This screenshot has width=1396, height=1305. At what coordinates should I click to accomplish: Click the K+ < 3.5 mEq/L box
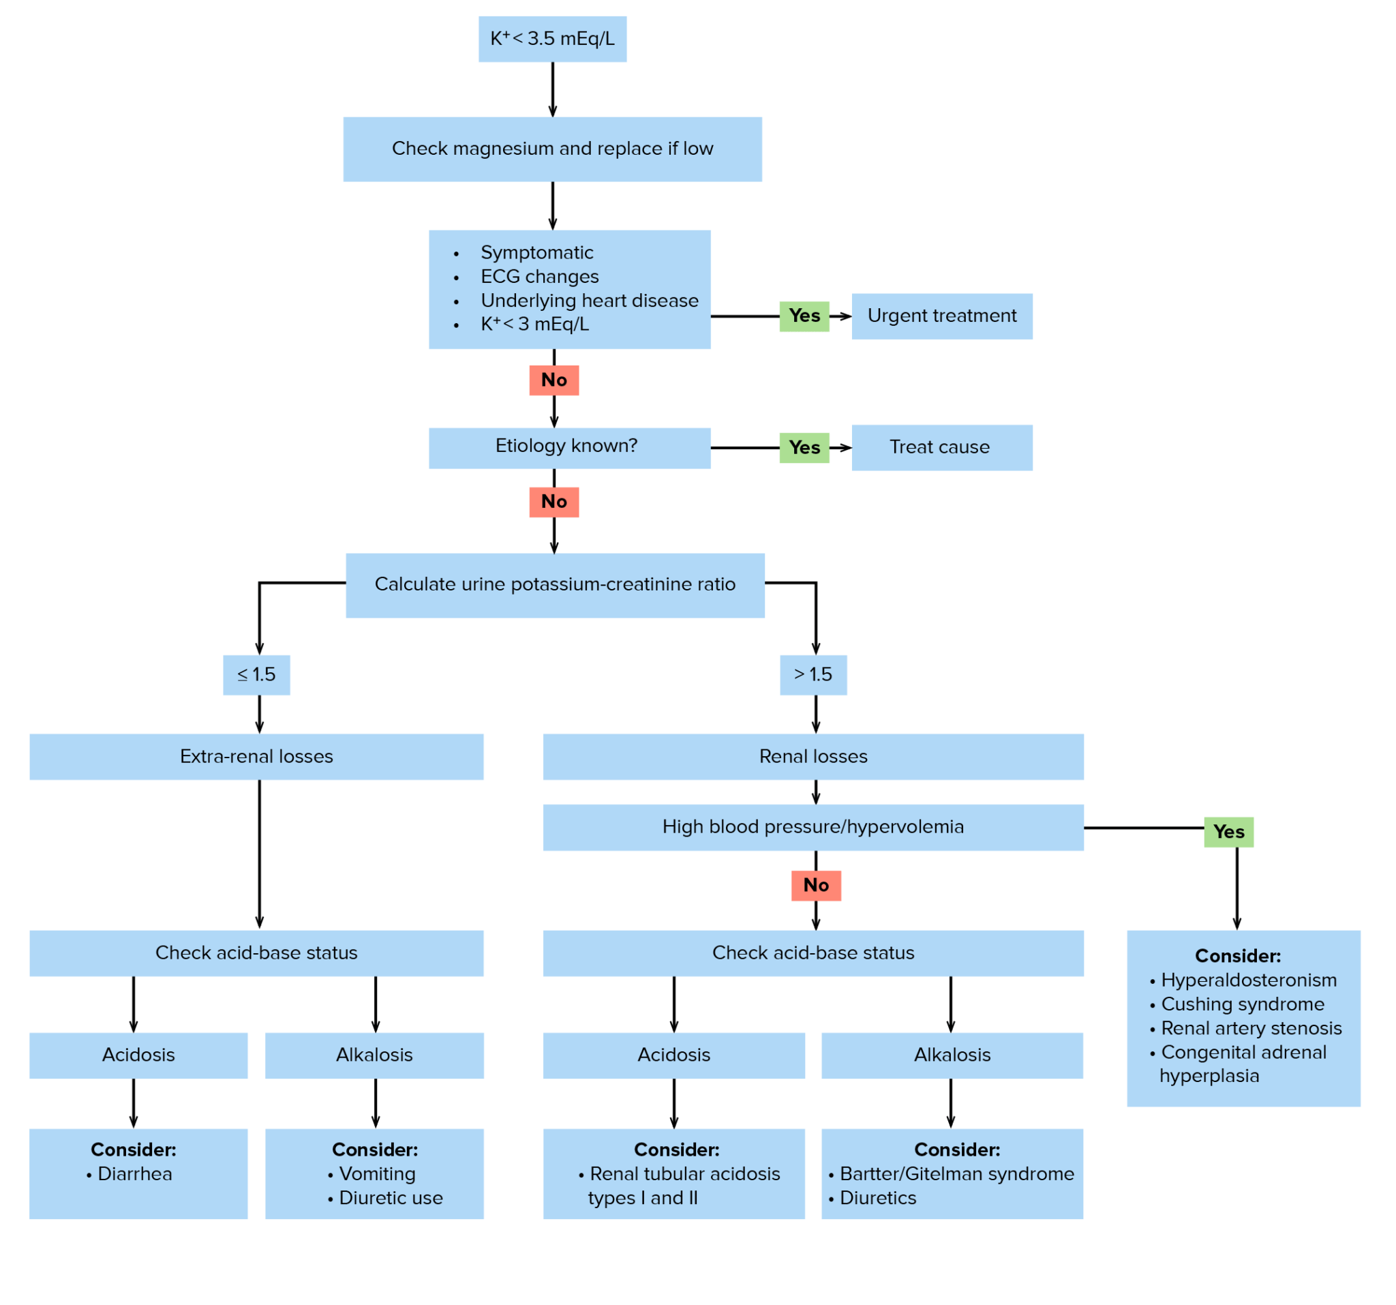(552, 39)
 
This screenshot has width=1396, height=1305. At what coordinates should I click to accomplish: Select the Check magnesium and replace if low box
(552, 149)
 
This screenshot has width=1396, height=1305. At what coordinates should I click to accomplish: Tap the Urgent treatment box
(941, 316)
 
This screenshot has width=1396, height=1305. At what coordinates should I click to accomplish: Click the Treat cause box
(941, 447)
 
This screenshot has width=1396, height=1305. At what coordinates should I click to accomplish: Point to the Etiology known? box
(568, 447)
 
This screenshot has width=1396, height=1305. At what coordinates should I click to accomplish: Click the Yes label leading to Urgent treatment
(804, 316)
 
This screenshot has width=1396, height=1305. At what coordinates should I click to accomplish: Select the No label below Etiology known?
(554, 502)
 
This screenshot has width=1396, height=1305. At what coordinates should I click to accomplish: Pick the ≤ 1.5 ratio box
(256, 675)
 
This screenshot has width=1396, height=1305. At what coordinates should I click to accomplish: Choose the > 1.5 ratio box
(813, 675)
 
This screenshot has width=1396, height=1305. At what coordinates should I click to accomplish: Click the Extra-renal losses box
(256, 756)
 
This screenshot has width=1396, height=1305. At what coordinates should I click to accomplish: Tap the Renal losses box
(813, 756)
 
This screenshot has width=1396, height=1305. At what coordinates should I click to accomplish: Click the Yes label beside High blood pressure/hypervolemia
(1228, 832)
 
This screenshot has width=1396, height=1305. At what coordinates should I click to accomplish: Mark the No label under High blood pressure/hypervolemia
(816, 885)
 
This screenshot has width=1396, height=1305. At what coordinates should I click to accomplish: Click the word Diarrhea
(135, 1173)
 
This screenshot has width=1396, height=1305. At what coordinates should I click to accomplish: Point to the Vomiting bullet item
(377, 1173)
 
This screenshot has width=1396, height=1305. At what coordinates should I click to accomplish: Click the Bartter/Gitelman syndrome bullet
(956, 1173)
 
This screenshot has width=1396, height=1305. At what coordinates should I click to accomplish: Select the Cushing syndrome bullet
(1242, 1004)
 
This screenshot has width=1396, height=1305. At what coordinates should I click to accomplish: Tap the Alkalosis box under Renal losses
(952, 1055)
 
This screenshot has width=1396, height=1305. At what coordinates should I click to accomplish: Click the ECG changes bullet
(539, 277)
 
